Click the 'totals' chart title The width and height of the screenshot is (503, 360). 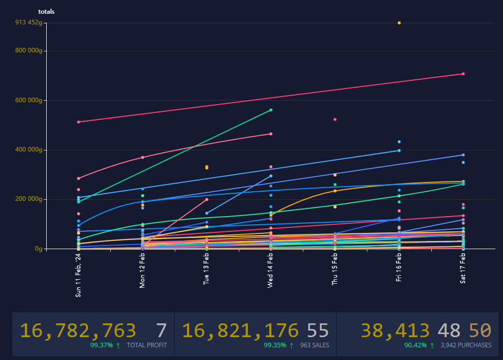pos(46,11)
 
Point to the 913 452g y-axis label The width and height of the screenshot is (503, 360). pos(28,22)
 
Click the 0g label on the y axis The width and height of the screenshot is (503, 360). pos(38,249)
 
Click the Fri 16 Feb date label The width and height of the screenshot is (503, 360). pos(399,268)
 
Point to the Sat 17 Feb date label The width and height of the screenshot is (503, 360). pos(463,269)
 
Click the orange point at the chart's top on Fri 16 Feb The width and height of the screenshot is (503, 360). pos(399,23)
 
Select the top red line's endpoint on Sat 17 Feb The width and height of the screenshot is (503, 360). pos(463,74)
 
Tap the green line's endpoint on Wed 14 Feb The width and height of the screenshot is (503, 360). pos(271,110)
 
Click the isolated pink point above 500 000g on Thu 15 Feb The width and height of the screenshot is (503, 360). pos(335,119)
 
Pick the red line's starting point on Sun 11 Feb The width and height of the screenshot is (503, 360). pos(78,122)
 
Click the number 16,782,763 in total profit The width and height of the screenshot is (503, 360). pos(78,331)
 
